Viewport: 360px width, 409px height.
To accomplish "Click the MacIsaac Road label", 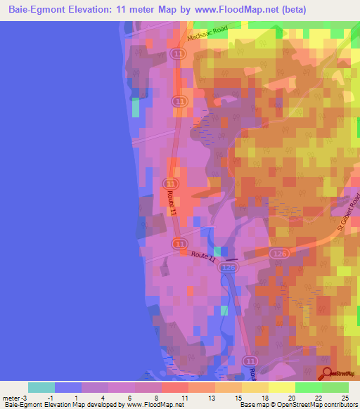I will [210, 36].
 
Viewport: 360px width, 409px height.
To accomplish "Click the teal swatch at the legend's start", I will [41, 387].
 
